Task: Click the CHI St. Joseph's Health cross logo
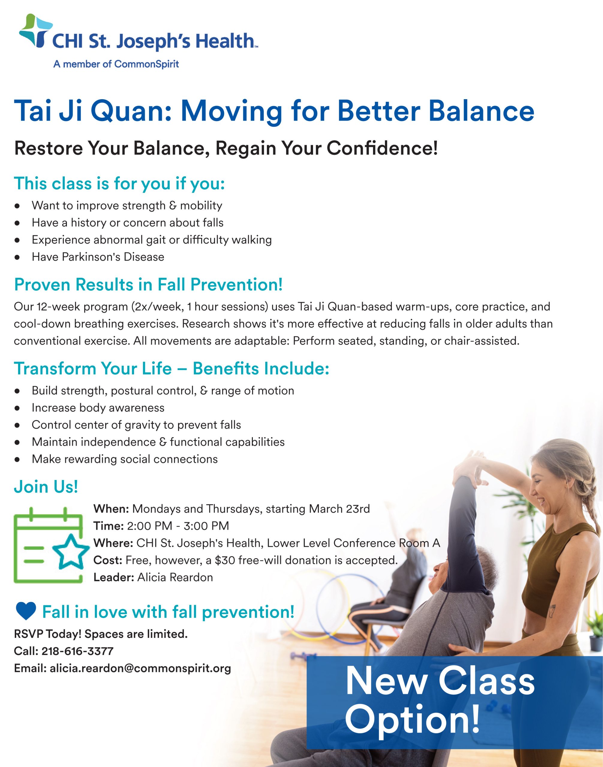coord(35,31)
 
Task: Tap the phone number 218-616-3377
coord(78,651)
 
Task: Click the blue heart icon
coord(26,612)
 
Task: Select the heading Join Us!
coord(46,487)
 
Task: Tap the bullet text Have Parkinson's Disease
coord(98,257)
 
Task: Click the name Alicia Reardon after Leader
coord(175,578)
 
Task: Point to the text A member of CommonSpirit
coord(116,64)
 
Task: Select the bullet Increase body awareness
coord(98,408)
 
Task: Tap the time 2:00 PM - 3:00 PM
coord(178,526)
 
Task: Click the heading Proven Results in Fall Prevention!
coord(148,285)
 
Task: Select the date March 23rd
coord(339,509)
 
